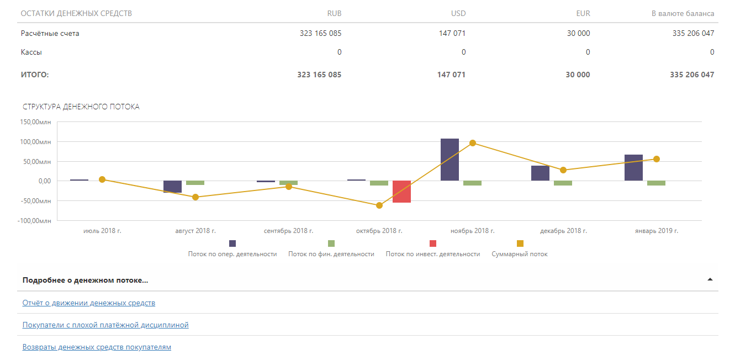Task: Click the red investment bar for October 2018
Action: [401, 192]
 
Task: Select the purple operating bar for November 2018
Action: [450, 160]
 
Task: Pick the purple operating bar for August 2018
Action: [172, 187]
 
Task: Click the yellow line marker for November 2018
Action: [473, 143]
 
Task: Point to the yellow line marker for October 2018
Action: [379, 205]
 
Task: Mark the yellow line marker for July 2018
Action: [102, 179]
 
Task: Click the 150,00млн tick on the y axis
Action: [35, 122]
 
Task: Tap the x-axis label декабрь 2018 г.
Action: [563, 231]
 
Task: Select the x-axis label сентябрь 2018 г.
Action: [288, 231]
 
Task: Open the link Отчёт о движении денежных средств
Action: [89, 303]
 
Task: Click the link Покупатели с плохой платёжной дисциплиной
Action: [105, 325]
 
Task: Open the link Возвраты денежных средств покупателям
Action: [97, 347]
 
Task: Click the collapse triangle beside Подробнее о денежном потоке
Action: [710, 279]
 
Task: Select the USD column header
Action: [458, 13]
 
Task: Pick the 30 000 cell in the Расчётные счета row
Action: [578, 33]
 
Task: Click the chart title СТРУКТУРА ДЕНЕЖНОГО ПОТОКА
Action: [81, 107]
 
